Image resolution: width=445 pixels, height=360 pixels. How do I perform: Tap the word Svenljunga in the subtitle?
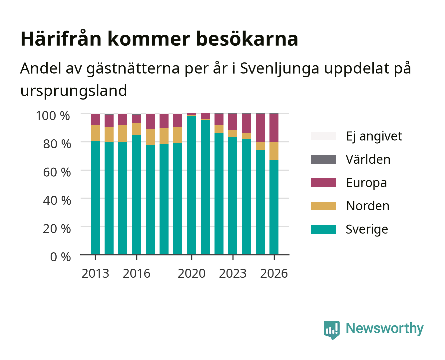[x=279, y=68]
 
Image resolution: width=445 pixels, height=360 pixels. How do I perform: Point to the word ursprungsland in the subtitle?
[x=74, y=91]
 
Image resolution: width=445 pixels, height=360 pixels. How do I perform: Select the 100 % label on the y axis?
[x=53, y=116]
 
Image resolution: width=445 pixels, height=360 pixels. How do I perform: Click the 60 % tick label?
[x=57, y=172]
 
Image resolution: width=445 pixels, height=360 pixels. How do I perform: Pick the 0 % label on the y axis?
[x=60, y=257]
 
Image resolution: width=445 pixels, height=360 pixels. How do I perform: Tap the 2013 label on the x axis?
[x=95, y=273]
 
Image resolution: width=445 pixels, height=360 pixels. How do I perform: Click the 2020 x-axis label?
[x=192, y=273]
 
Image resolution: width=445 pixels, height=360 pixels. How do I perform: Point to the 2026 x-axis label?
[x=274, y=273]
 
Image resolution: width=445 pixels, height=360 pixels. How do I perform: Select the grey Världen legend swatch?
[x=323, y=159]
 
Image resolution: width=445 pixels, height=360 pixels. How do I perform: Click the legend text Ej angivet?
[x=374, y=136]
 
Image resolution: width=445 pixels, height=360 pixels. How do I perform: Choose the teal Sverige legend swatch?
[x=323, y=229]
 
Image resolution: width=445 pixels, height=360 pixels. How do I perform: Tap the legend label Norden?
[x=368, y=206]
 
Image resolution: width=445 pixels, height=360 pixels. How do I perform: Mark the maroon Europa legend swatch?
[x=323, y=183]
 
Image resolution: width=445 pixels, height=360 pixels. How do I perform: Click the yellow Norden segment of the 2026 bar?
[x=274, y=151]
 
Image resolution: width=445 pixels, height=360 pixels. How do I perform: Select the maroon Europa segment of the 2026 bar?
[x=274, y=128]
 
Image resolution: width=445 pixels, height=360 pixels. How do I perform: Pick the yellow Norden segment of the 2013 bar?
[x=95, y=133]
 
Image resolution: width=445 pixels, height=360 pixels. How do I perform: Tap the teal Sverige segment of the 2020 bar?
[x=192, y=185]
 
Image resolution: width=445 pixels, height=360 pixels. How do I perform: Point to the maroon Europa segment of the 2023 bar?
[x=232, y=122]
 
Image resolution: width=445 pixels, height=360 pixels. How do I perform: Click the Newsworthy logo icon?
[x=331, y=330]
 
